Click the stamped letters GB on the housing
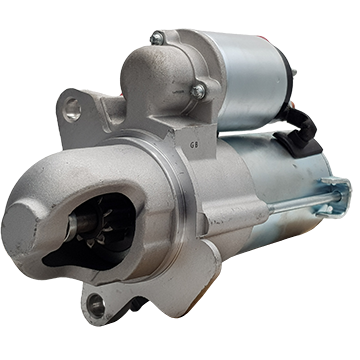[193, 145]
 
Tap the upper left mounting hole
[72, 109]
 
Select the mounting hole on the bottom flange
[96, 305]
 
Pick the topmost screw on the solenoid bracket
[157, 38]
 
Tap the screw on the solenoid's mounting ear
[198, 91]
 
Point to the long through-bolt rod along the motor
[303, 202]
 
